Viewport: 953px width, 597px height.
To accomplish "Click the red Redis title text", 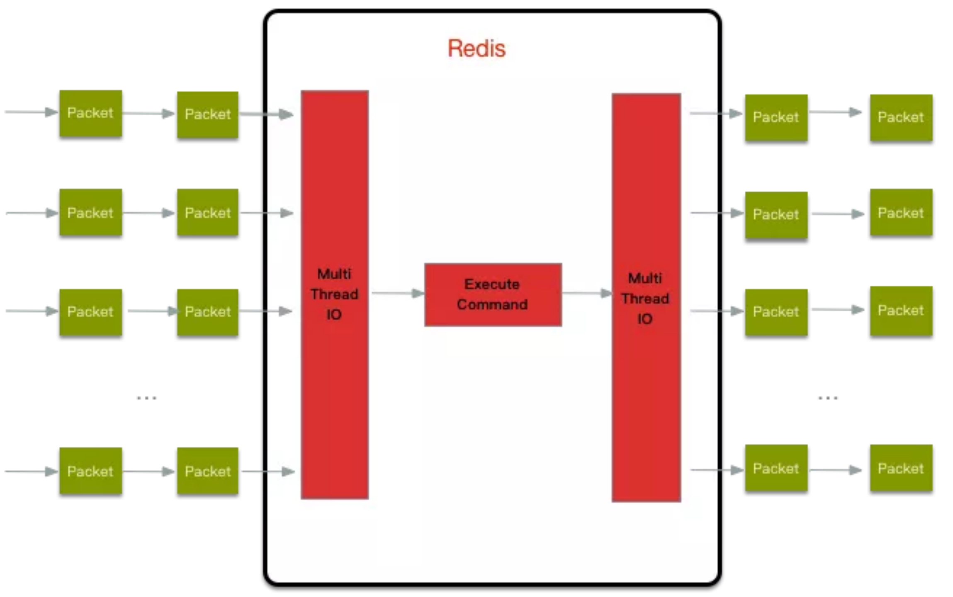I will (x=476, y=49).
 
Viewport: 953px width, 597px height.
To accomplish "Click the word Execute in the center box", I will (x=492, y=284).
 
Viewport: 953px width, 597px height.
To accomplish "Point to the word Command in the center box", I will (x=492, y=305).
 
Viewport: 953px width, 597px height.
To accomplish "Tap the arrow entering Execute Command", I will (x=397, y=293).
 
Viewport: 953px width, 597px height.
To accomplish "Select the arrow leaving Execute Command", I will (x=586, y=293).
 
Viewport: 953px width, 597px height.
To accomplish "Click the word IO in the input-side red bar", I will (x=334, y=315).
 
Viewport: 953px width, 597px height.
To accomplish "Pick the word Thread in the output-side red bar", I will (x=645, y=298).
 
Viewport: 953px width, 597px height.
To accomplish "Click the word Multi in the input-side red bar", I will (x=334, y=274).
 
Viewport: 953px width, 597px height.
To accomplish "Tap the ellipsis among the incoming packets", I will (x=146, y=398).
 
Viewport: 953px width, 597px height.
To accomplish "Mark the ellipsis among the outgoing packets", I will (x=828, y=398).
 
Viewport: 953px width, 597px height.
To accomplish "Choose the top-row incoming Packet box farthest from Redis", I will (x=90, y=113).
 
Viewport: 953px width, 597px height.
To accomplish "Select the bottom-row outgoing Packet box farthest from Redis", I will (x=901, y=468).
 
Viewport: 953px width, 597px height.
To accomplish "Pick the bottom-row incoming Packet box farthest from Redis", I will (x=90, y=471).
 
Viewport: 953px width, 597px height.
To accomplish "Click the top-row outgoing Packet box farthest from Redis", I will (x=901, y=118).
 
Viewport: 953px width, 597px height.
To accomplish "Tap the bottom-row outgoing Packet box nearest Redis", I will (x=776, y=468).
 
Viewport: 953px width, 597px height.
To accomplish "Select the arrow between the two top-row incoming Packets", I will (x=148, y=113).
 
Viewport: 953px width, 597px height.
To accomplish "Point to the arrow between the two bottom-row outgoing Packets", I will (x=835, y=470).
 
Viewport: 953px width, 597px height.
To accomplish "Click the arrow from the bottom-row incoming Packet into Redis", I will (x=268, y=471).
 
